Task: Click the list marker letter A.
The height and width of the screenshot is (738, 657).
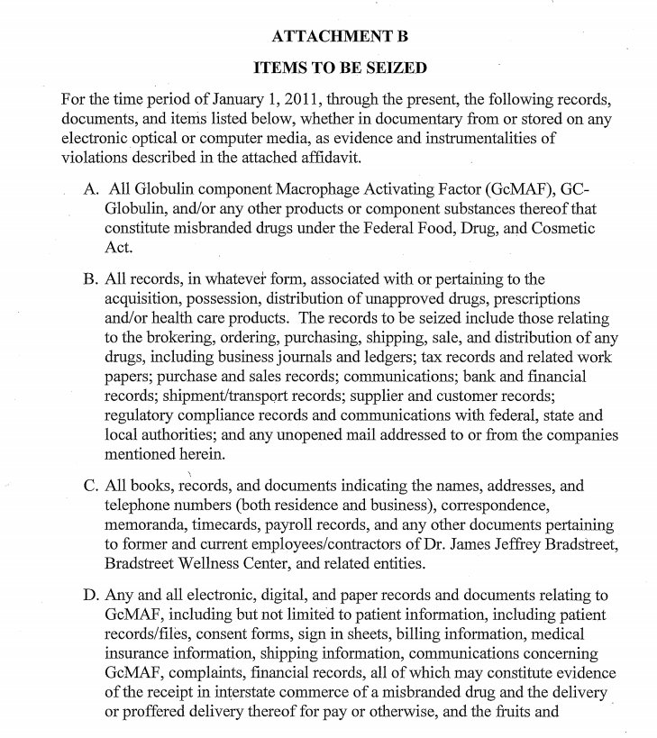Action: point(89,190)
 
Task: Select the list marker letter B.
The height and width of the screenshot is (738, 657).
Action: point(89,280)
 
